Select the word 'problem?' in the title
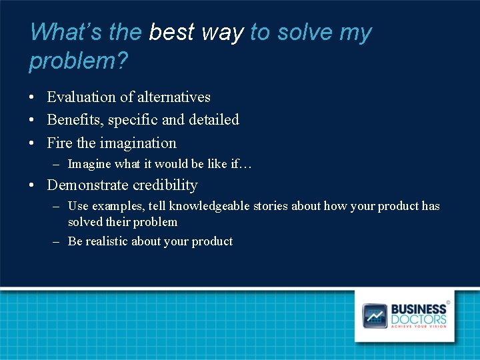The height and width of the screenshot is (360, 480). (79, 61)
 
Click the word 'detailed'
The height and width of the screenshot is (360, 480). (213, 120)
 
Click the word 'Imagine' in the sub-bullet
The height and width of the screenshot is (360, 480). (89, 164)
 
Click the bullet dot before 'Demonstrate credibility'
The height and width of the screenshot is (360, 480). (33, 186)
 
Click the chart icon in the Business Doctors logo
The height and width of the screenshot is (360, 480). (374, 315)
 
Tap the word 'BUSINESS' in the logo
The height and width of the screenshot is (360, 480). (418, 309)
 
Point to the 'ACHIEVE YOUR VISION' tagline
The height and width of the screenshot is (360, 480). (418, 327)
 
